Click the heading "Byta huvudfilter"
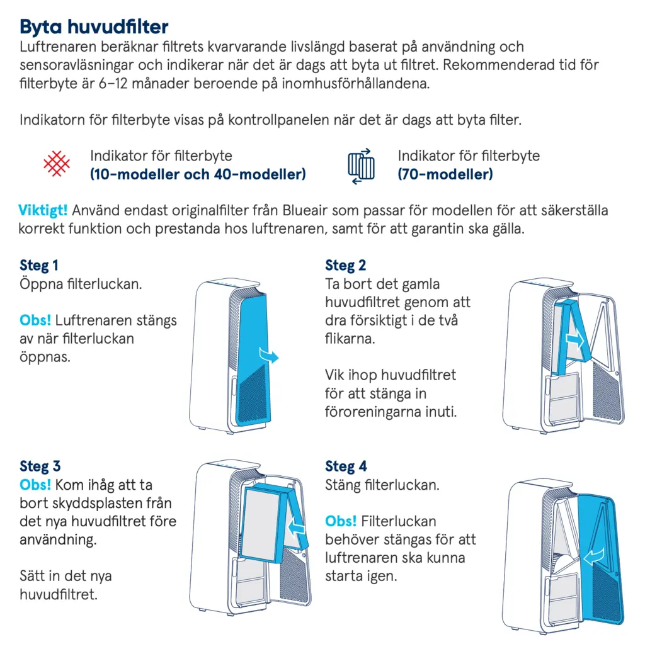pyautogui.click(x=94, y=27)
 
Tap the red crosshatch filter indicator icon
pyautogui.click(x=56, y=164)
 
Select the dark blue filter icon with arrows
pyautogui.click(x=362, y=165)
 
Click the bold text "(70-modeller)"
pyautogui.click(x=445, y=174)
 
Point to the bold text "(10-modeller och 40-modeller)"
pyautogui.click(x=197, y=174)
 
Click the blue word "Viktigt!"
pyautogui.click(x=43, y=210)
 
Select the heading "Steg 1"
pyautogui.click(x=39, y=265)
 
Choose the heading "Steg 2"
pyautogui.click(x=345, y=265)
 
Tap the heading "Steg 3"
pyautogui.click(x=40, y=466)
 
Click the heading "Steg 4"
pyautogui.click(x=346, y=466)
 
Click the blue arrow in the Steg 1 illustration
pyautogui.click(x=269, y=357)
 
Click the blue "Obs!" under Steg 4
pyautogui.click(x=341, y=521)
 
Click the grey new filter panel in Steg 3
pyautogui.click(x=263, y=524)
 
